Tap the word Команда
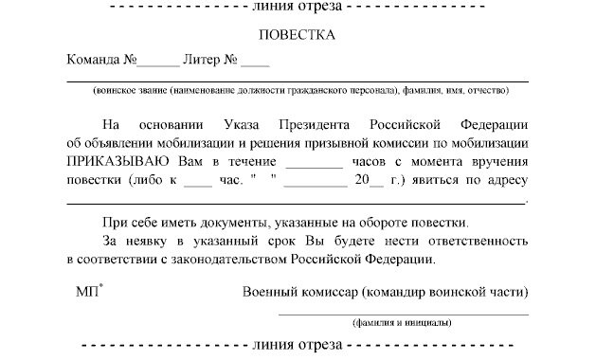click(93, 60)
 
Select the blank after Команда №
click(156, 63)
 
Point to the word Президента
click(313, 125)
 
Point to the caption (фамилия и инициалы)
click(403, 323)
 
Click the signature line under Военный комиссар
click(403, 314)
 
